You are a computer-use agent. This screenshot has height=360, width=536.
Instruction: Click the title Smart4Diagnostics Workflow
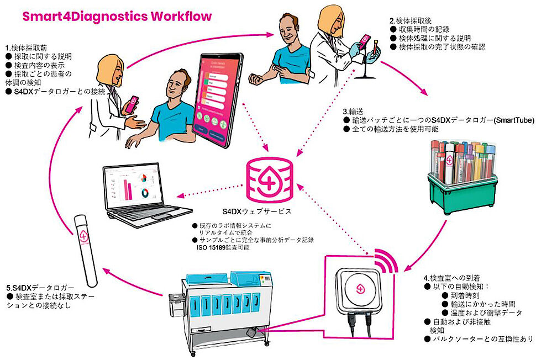[x=117, y=15]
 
